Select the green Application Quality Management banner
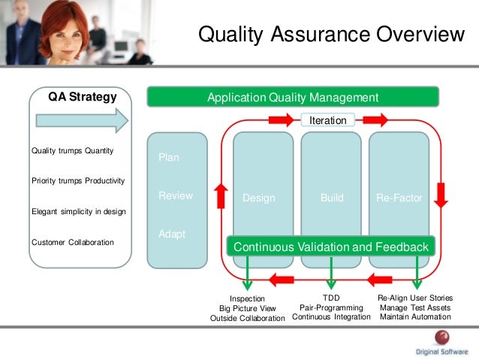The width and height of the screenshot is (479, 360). tap(292, 97)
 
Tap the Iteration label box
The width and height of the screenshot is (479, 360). tap(327, 120)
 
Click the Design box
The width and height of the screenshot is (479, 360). tap(259, 198)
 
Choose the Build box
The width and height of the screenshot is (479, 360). tap(331, 198)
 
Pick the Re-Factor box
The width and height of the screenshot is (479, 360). tap(399, 198)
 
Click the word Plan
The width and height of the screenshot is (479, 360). tap(169, 158)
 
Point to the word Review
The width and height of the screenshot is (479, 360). tap(176, 195)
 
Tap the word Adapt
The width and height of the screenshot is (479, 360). tap(172, 234)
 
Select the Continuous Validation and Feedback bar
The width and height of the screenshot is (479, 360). tap(331, 247)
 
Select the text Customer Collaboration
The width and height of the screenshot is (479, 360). tap(73, 242)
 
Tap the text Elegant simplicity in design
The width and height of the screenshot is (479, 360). tap(78, 212)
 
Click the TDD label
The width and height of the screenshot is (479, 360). tap(331, 298)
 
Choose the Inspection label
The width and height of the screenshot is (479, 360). tap(248, 298)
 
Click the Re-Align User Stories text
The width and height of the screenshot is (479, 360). tap(415, 298)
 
